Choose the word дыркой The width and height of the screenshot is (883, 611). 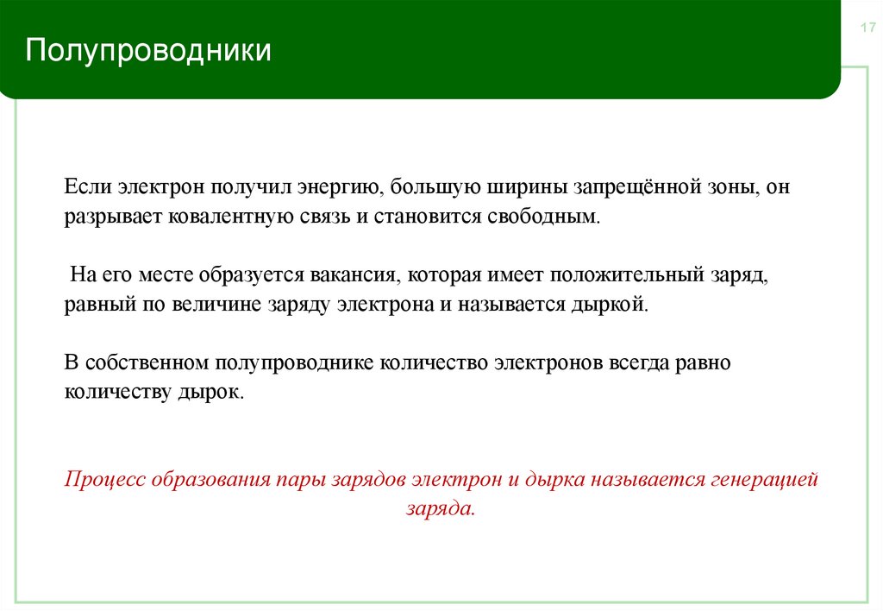(x=615, y=305)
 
